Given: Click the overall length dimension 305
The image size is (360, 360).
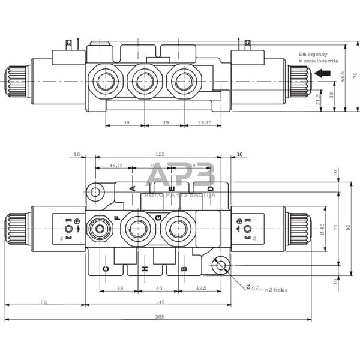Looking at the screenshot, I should (x=158, y=316).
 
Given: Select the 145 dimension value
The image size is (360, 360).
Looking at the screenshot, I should (x=158, y=302).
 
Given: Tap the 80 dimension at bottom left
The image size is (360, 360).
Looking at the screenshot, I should (x=44, y=302).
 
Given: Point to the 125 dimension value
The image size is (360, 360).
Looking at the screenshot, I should (x=158, y=154).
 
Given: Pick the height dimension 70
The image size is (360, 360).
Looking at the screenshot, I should (x=354, y=75).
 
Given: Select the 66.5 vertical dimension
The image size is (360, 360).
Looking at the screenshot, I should (x=343, y=77).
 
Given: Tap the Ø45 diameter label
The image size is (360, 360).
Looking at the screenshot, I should (x=322, y=229).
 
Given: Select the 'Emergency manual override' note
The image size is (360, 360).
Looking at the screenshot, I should (x=319, y=58).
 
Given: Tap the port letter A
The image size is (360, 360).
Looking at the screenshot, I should (x=133, y=188).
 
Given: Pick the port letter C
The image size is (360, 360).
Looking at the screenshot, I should (x=106, y=268).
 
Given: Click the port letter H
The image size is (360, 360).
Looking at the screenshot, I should (x=145, y=268).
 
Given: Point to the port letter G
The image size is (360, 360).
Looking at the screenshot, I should (x=158, y=217).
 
